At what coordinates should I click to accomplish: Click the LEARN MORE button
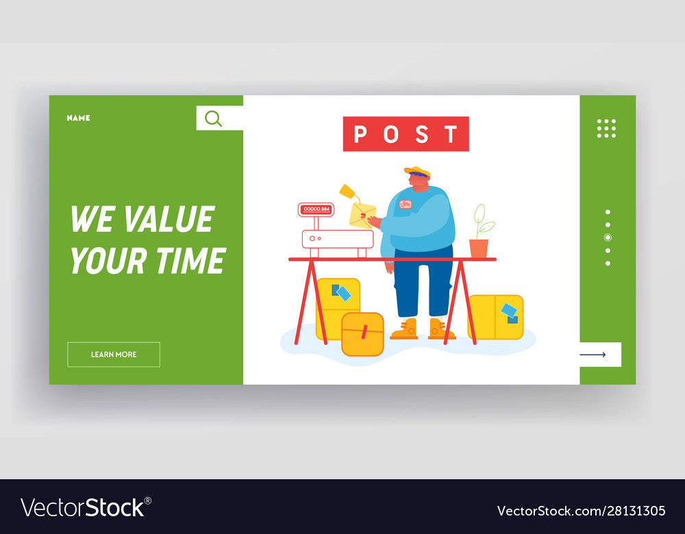pos(114,354)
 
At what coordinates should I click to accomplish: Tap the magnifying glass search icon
pos(213,118)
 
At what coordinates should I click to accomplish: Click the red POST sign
pos(406,133)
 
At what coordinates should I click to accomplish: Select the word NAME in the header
pos(79,118)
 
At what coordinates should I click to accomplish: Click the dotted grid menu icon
pos(606,129)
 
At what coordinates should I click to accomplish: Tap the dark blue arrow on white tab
pos(593,355)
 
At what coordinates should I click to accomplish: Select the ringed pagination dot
pos(608,238)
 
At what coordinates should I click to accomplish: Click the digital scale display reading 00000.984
pos(316,209)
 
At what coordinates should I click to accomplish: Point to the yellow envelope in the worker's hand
pos(362,215)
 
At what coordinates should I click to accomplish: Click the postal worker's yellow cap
pos(418,171)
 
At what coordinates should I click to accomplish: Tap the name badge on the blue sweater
pos(406,204)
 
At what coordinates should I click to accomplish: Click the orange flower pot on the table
pos(479,249)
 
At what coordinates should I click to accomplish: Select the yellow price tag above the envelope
pos(347,191)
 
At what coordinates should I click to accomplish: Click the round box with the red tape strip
pos(362,334)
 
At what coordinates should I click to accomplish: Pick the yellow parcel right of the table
pos(496,317)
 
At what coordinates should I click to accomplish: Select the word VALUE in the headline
pos(169,219)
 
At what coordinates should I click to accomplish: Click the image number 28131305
pos(636,511)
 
